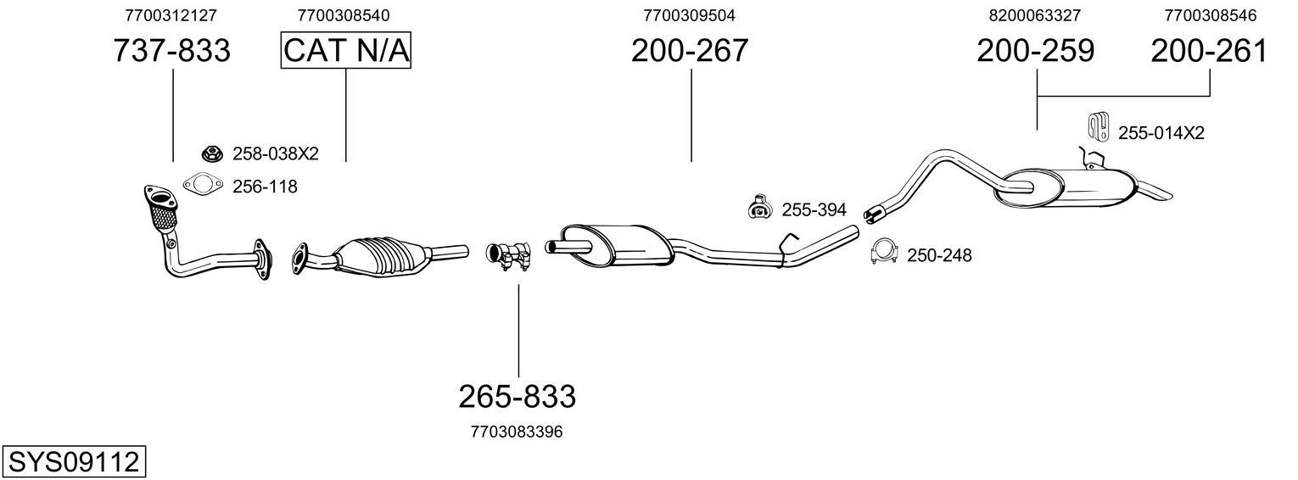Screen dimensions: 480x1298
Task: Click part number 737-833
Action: tap(172, 52)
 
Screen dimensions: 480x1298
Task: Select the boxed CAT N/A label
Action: tap(346, 52)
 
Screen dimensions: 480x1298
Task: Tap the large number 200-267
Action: tap(690, 52)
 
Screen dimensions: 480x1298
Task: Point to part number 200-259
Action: tap(1035, 52)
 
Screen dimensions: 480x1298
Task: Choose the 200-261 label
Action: tap(1209, 52)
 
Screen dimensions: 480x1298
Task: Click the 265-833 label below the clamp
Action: tap(518, 396)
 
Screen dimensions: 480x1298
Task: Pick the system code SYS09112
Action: tap(73, 462)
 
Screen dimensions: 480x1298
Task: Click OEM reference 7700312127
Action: tap(171, 15)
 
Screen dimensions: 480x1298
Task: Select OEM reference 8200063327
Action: tap(1035, 15)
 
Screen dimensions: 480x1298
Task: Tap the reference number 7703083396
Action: tap(516, 432)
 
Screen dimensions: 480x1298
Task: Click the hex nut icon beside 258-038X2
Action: tap(211, 153)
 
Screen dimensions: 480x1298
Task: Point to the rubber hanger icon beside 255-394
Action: tap(759, 207)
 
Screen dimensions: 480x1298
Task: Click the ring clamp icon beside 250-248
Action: tap(885, 253)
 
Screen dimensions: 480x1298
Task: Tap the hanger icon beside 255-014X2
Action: tap(1099, 126)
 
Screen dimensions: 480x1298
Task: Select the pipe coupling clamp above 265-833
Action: tap(508, 256)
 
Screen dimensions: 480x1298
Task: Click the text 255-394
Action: tap(814, 209)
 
